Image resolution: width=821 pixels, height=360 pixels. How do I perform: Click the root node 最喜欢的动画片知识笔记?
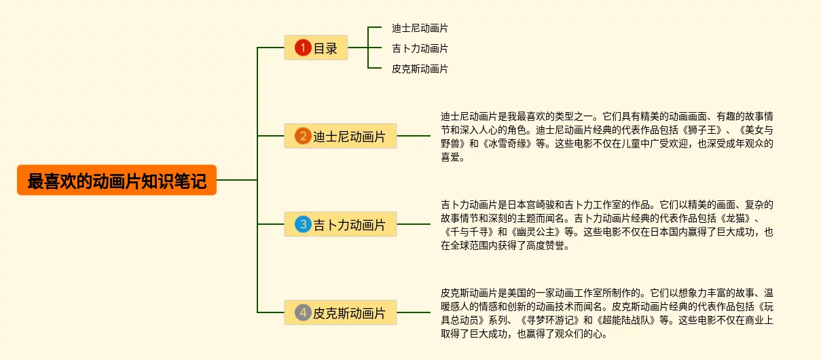point(117,181)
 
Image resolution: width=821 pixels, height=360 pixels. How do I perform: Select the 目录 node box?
point(316,48)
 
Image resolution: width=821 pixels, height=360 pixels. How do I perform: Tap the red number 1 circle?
point(303,48)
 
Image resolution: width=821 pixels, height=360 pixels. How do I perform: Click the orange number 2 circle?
point(303,137)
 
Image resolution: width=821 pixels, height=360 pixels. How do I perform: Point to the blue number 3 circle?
point(303,224)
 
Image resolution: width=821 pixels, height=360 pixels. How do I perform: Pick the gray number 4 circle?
point(303,313)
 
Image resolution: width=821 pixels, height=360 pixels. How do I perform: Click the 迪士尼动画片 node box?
point(340,137)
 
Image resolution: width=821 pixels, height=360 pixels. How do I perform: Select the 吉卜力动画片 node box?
point(340,224)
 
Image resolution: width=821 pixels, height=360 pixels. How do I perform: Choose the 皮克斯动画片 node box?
point(340,313)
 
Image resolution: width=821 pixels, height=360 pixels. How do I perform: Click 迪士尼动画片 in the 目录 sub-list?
point(420,29)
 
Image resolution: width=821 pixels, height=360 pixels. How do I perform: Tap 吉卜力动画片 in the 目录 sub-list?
point(420,49)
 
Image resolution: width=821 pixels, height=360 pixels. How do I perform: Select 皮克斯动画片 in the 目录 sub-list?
point(420,69)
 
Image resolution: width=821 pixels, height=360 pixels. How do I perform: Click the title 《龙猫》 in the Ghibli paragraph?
point(734,218)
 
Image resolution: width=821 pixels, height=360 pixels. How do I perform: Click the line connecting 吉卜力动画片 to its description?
point(414,224)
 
